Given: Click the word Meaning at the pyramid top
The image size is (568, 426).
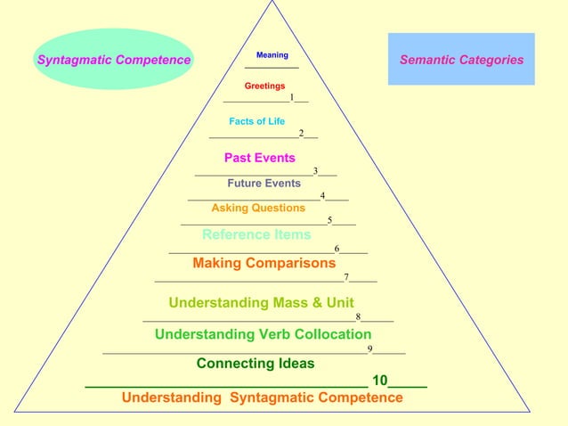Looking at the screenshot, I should [272, 55].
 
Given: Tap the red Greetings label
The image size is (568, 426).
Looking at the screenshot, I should [265, 86].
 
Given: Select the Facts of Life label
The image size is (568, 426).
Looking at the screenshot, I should [257, 121].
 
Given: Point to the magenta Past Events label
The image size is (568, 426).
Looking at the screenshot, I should [260, 158].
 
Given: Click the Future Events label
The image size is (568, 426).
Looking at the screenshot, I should [264, 184].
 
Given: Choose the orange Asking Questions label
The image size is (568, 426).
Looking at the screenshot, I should [258, 208].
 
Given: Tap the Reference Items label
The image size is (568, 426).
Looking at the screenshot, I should [256, 235].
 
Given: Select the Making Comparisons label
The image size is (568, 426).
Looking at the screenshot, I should [264, 263].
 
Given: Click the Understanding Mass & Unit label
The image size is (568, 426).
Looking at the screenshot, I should [262, 302].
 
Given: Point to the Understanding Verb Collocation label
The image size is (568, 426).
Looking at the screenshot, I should [264, 334].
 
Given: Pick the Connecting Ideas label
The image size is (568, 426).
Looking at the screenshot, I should [256, 364].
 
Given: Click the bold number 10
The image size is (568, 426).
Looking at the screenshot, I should [380, 381].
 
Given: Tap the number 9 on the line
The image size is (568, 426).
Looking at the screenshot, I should [370, 348].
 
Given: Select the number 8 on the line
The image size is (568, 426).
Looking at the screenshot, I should [358, 316].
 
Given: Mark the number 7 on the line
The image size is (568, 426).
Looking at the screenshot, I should [347, 277].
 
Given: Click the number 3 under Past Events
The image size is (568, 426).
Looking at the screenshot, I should [316, 170].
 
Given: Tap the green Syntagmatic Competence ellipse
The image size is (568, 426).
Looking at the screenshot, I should [114, 59].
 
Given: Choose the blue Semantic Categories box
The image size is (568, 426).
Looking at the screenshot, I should [461, 59].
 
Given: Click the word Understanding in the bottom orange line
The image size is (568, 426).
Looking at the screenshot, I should [172, 397].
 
